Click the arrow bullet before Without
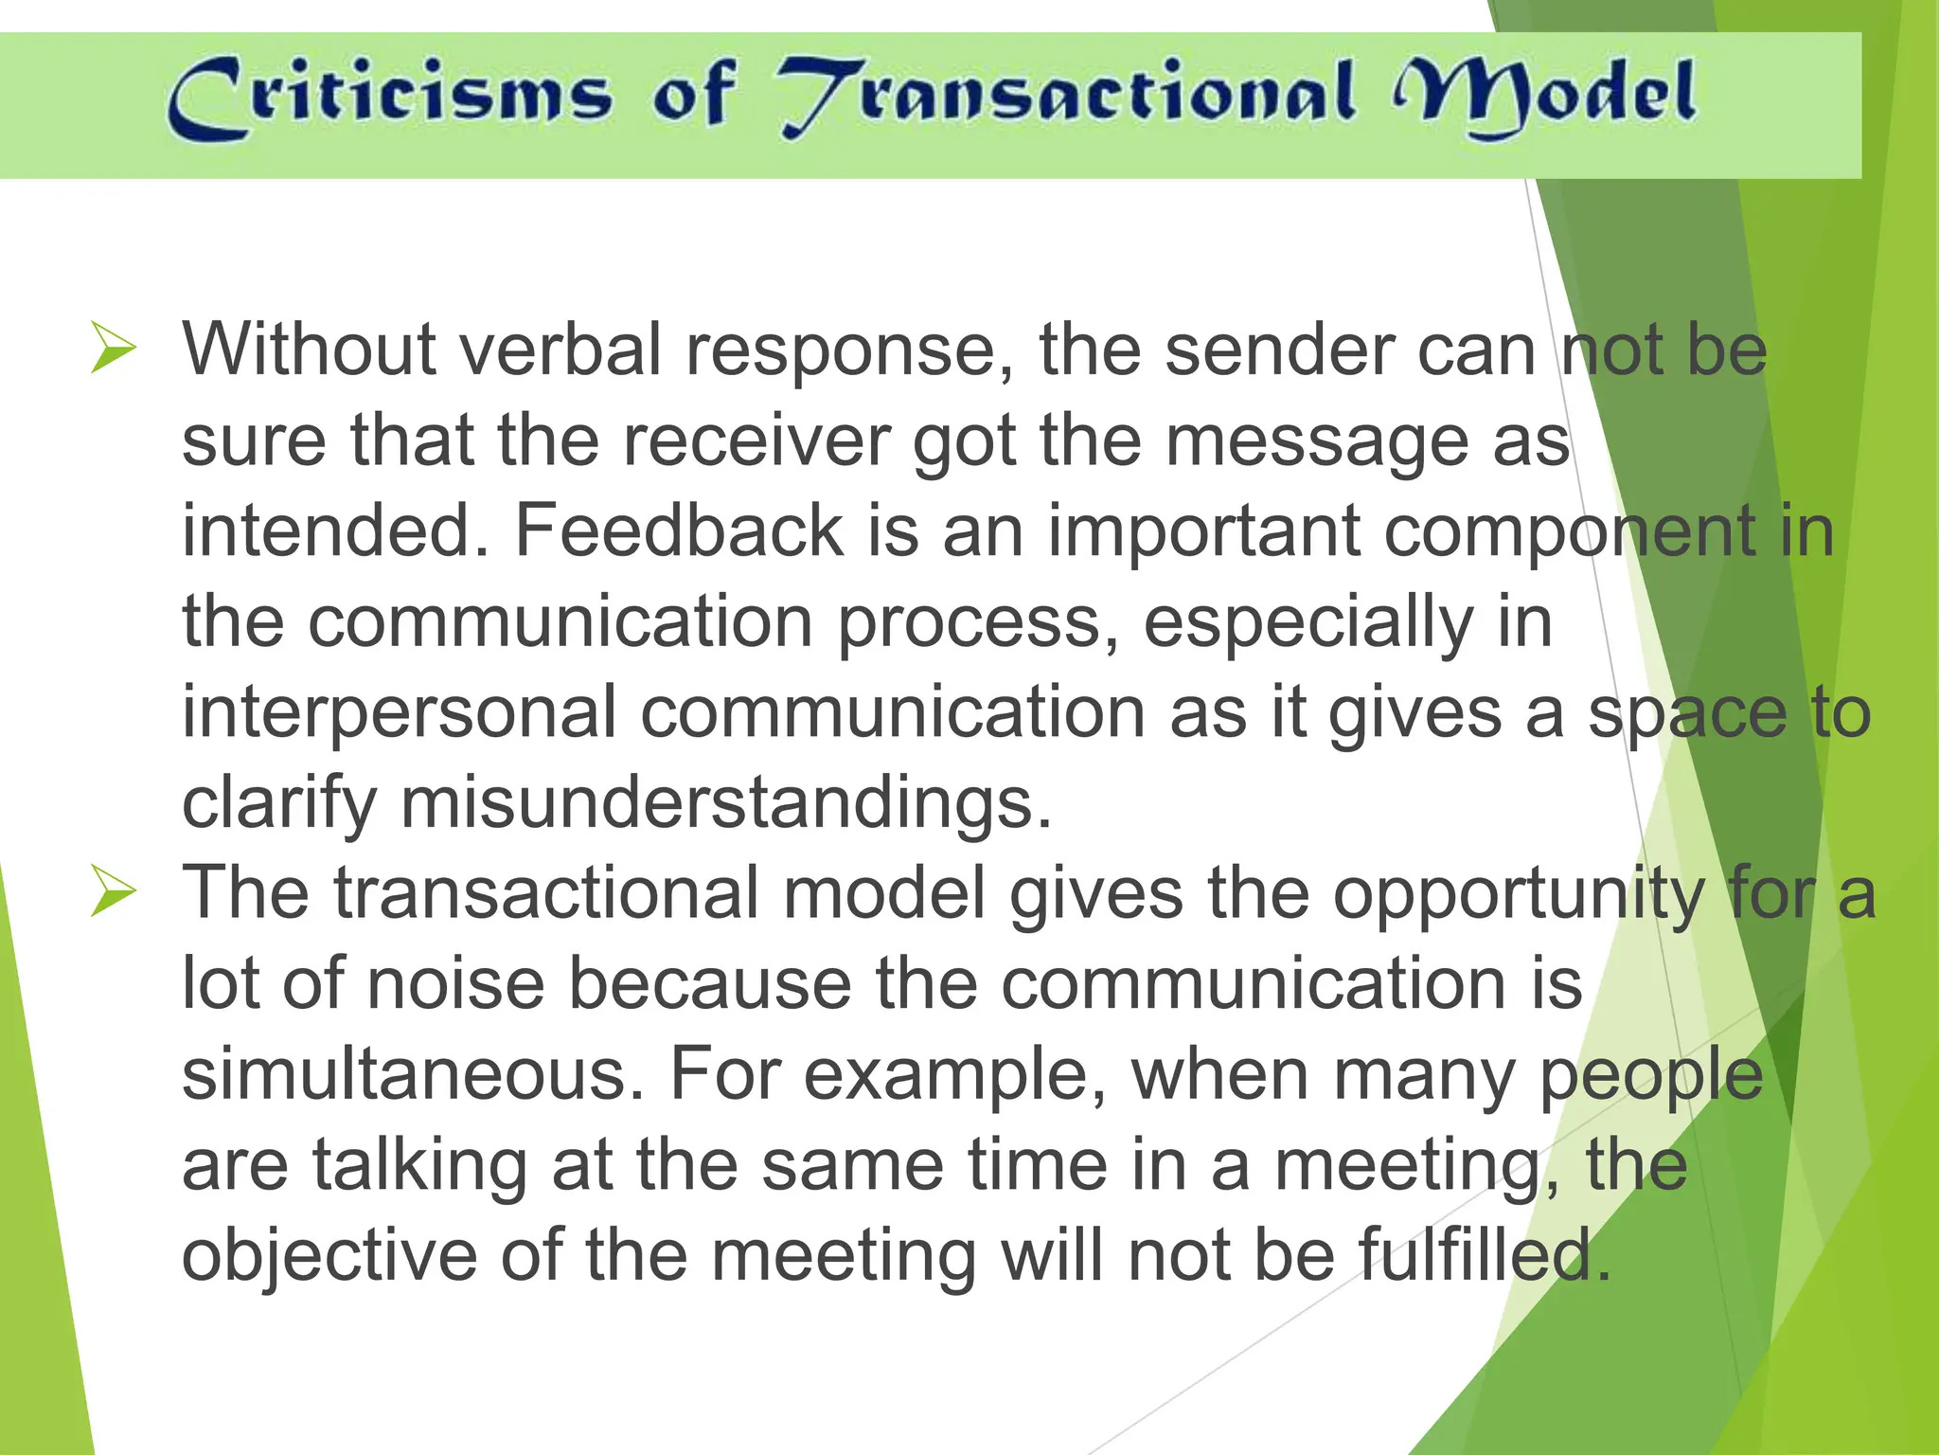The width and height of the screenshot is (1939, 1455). point(114,348)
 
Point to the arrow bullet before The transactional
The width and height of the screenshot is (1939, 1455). point(114,892)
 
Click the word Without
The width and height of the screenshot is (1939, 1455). point(309,349)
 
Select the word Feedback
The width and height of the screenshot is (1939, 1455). point(679,530)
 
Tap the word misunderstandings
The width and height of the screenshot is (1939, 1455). point(726,802)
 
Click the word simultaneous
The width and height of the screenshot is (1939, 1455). point(414,1074)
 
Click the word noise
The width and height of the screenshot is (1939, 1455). point(456,983)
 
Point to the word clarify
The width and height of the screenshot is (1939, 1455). point(279,804)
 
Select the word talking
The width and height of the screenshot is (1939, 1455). point(420,1165)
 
